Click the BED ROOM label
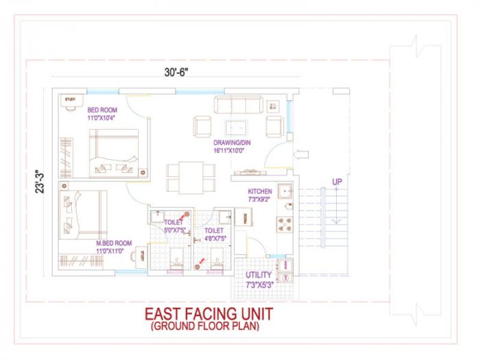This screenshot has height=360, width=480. [x=102, y=110]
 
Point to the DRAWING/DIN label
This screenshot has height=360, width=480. [x=232, y=143]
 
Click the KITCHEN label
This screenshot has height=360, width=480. [x=260, y=191]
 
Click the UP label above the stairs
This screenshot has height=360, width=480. [x=337, y=182]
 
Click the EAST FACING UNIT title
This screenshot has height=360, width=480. [x=208, y=313]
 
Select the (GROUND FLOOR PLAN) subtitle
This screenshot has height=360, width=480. [x=205, y=326]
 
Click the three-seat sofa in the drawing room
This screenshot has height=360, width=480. [x=237, y=104]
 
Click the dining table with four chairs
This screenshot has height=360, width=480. [x=184, y=176]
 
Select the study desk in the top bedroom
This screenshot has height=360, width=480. [x=71, y=101]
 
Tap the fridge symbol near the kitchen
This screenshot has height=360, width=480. [x=245, y=218]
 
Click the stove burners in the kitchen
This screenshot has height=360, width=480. [x=284, y=225]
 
